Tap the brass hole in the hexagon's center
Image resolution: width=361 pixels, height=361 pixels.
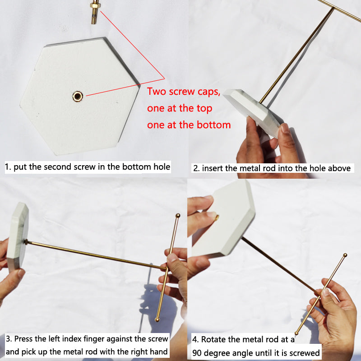coord(78,96)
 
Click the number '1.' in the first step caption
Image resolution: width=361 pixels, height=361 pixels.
coord(8,167)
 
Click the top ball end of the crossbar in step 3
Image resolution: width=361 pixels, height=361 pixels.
coord(177,216)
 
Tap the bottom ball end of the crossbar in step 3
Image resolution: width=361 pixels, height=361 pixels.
coord(157,319)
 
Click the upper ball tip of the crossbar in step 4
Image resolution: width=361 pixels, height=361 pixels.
coord(345,256)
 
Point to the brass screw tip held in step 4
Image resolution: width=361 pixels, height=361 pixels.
coord(217,218)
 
